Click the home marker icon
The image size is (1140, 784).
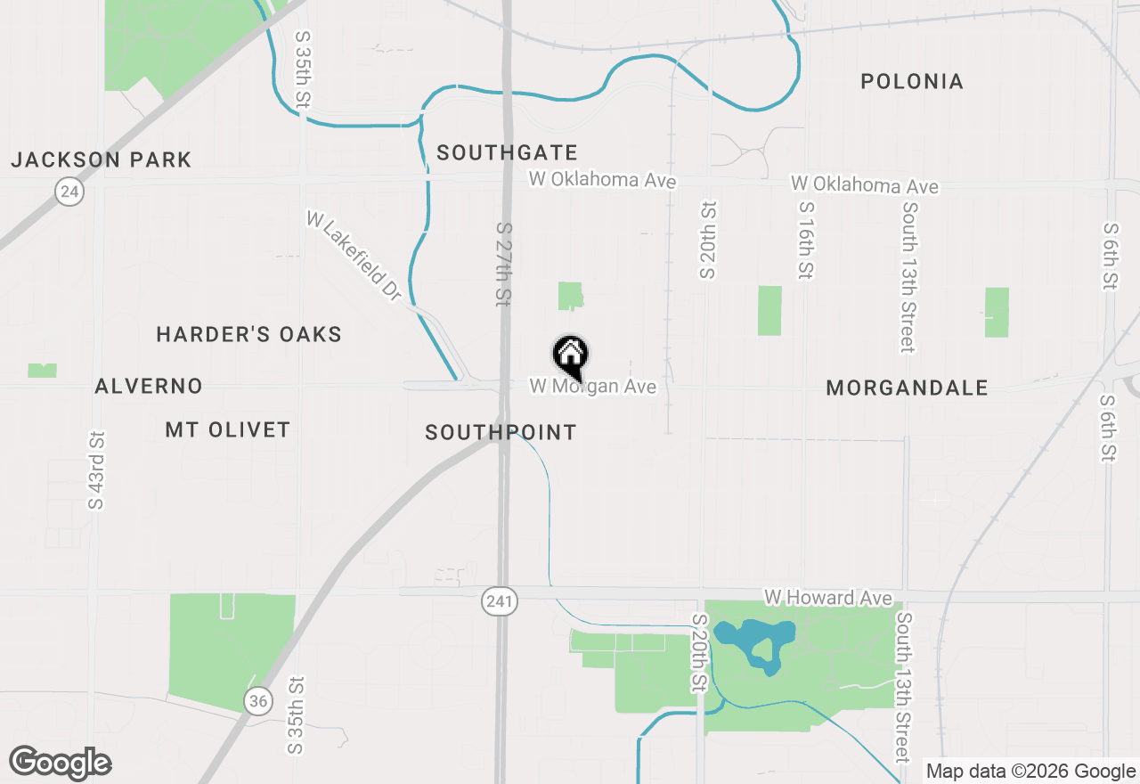pos(571,355)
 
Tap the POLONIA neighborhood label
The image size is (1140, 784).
pos(912,82)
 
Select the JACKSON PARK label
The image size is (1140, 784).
pos(102,160)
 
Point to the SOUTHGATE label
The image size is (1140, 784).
pos(507,153)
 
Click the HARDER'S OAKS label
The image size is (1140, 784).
pos(249,335)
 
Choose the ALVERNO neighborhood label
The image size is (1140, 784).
pos(149,387)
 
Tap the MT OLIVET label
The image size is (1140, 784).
pos(228,430)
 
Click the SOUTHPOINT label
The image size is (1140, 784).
pos(501,433)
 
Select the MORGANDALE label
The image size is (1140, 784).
pos(907,388)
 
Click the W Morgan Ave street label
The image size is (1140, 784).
pos(593,387)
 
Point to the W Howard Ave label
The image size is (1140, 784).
pos(827,597)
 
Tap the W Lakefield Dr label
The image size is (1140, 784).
pos(354,256)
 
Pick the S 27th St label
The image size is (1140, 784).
pos(504,265)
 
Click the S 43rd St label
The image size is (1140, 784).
pos(96,470)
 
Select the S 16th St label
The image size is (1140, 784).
pos(806,240)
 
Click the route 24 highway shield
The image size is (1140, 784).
pos(69,191)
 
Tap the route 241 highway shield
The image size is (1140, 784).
pos(500,601)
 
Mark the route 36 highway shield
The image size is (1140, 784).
pos(258,700)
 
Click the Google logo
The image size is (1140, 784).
pos(61,763)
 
